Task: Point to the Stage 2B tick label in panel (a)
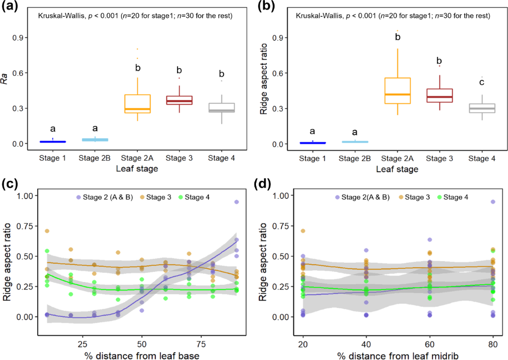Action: click(94, 158)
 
